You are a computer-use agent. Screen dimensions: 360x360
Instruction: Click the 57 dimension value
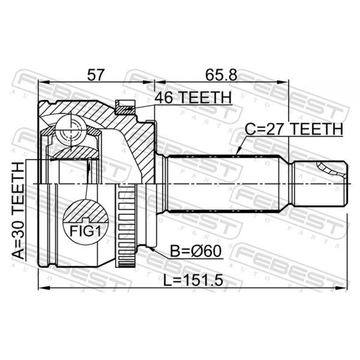click(x=96, y=75)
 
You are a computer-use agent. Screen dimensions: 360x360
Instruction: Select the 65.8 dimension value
click(x=221, y=75)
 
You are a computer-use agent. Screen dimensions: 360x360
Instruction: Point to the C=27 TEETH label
click(x=294, y=129)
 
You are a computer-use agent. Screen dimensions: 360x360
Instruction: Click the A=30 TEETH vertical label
click(x=18, y=211)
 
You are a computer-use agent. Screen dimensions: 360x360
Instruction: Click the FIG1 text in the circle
click(x=85, y=231)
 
